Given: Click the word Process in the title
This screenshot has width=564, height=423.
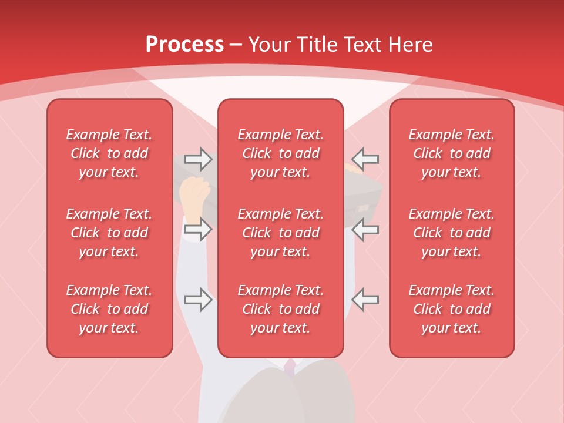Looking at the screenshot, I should [x=184, y=45].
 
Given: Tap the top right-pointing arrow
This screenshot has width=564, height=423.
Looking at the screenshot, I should [x=198, y=159].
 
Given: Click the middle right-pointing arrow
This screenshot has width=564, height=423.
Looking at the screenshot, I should [x=198, y=229].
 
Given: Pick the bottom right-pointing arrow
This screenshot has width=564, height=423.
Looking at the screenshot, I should [x=198, y=300].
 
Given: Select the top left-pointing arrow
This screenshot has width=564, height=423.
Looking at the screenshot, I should [x=365, y=159].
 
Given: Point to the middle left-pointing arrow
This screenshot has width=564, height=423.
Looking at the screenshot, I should [x=365, y=229].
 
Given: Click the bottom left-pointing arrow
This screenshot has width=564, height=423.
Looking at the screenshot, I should [x=365, y=300].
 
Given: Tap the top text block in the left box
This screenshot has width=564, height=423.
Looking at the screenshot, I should [x=109, y=153].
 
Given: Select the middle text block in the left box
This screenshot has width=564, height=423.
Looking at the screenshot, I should [x=109, y=233].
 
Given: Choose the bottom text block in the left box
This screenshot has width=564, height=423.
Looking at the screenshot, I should [x=109, y=309].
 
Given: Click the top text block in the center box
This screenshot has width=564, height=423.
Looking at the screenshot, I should [x=281, y=153].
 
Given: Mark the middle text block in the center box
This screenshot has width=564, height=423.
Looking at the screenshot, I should [x=281, y=233].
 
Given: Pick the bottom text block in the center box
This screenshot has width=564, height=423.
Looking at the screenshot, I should [x=281, y=309].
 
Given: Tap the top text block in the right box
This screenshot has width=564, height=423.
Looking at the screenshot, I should [x=452, y=153].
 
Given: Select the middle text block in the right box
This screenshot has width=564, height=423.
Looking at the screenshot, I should [x=452, y=233].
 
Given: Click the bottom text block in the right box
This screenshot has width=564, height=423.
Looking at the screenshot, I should [x=452, y=309].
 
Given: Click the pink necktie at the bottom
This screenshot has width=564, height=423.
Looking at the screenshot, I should [x=290, y=367].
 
